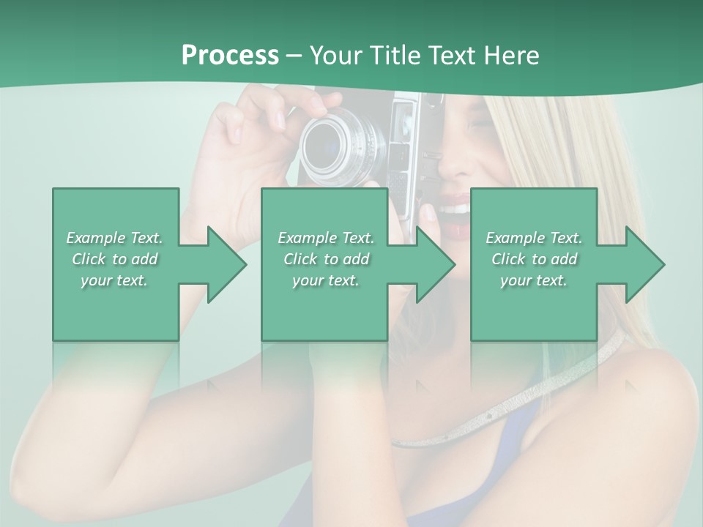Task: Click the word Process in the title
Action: (x=230, y=55)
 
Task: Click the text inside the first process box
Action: (x=115, y=259)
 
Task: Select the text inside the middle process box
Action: (x=326, y=259)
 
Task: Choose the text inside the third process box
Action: (x=534, y=259)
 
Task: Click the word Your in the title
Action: (x=334, y=56)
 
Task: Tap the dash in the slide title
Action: (x=294, y=56)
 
